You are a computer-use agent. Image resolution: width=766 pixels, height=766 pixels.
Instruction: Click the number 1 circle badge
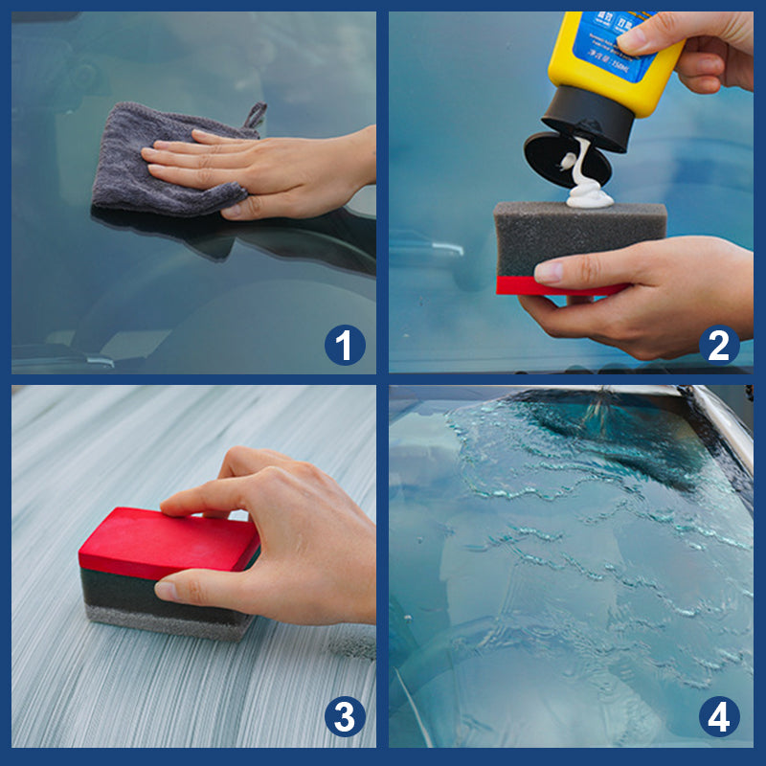tap(345, 345)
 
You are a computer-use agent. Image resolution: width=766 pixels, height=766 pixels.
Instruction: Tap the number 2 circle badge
tap(719, 345)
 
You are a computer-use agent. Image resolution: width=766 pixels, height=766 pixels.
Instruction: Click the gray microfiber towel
tap(134, 172)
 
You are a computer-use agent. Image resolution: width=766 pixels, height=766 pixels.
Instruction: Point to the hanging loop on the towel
tap(255, 116)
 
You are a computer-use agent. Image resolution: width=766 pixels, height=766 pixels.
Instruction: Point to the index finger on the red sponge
tap(206, 498)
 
